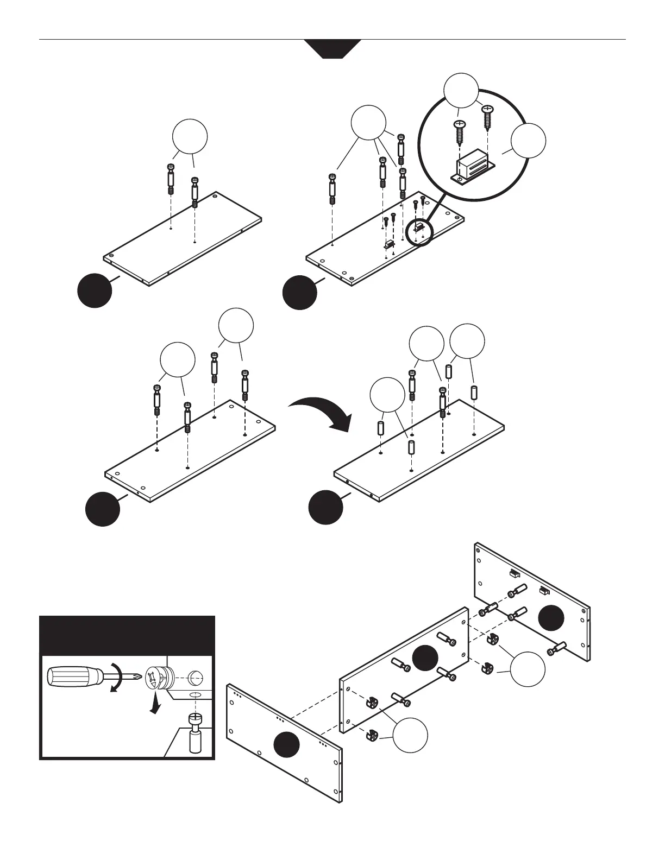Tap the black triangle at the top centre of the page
[332, 48]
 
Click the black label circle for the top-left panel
[95, 290]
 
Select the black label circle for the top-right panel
[300, 293]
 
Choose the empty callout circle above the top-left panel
[190, 137]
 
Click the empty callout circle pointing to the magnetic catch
[529, 141]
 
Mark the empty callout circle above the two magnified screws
[461, 90]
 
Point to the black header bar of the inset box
[128, 636]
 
